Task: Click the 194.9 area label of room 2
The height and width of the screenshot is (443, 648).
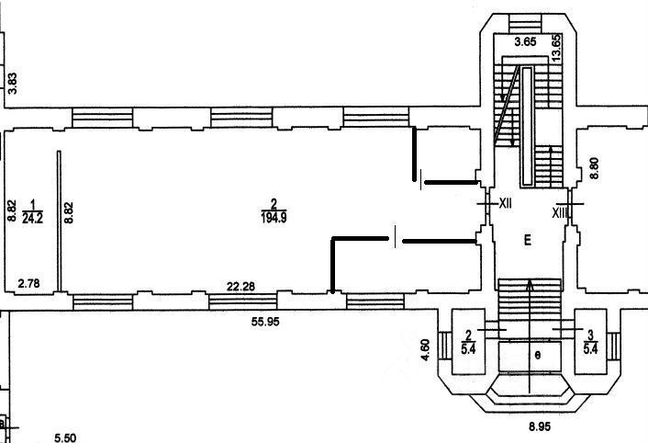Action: (273, 218)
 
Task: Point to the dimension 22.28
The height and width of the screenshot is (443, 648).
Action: (240, 287)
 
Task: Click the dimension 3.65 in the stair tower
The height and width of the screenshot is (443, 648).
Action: (525, 42)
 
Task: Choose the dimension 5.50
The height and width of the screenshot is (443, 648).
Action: (64, 437)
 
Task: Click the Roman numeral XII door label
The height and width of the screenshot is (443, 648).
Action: (504, 202)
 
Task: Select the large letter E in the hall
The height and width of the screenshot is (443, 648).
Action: (528, 241)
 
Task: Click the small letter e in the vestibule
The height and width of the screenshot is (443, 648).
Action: (539, 353)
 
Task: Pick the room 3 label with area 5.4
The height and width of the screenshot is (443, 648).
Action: (593, 342)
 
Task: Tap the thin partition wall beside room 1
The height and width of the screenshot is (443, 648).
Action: (59, 221)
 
